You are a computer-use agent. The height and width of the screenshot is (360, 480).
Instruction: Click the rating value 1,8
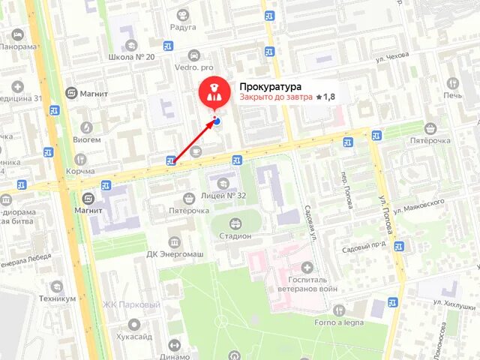[328, 97]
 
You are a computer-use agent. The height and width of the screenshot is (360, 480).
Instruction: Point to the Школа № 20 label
[131, 57]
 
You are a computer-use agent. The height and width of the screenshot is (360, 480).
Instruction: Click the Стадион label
[235, 235]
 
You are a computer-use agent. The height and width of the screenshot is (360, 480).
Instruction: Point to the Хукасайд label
[135, 337]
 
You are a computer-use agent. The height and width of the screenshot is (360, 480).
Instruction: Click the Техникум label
[58, 298]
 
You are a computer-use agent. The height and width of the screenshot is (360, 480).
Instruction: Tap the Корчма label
[80, 172]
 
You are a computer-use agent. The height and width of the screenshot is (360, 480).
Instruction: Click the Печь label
[452, 95]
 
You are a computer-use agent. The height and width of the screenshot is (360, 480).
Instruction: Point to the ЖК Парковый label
[131, 305]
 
